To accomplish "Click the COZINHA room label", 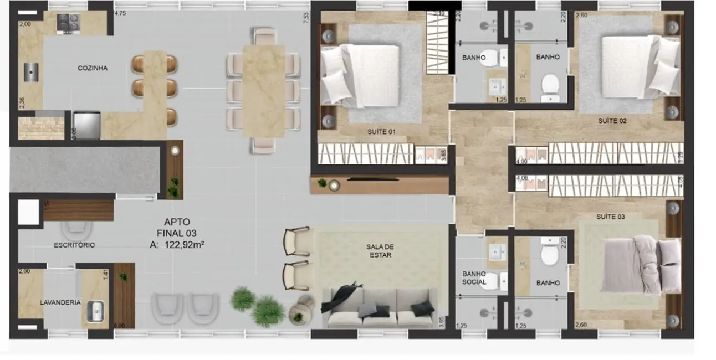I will point(93,69).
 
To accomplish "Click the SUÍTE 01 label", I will point(381,132).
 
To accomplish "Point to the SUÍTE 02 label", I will point(612,120).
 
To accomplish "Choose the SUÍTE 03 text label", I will point(610,217).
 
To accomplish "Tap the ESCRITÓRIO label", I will point(74,245).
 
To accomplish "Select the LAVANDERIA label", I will point(60,302).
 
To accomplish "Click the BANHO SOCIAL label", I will point(474,278).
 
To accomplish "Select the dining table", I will point(263,91).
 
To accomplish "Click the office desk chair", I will point(76,229).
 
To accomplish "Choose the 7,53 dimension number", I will point(305,16).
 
